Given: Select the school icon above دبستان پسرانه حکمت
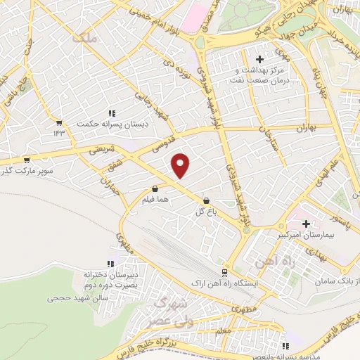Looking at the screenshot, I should pyautogui.click(x=111, y=113).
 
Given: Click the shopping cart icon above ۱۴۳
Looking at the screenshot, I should pyautogui.click(x=58, y=122).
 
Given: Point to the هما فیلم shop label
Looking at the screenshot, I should pyautogui.click(x=155, y=200).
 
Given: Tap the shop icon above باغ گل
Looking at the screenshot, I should pyautogui.click(x=205, y=200).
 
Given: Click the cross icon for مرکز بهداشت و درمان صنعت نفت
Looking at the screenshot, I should pyautogui.click(x=260, y=60).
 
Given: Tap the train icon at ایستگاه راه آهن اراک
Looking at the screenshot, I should pyautogui.click(x=224, y=272).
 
